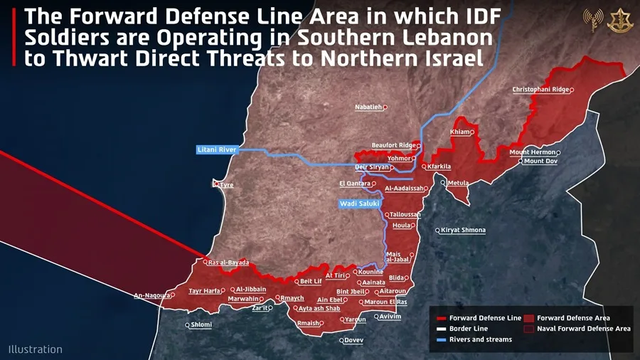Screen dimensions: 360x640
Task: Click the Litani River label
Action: tap(217, 150)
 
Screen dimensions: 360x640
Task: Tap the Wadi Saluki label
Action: tap(359, 204)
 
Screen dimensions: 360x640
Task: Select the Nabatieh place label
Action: tap(368, 107)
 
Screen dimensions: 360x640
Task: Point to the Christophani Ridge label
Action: tap(540, 90)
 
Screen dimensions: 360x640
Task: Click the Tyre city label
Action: tap(226, 185)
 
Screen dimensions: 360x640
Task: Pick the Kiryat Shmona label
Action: tap(462, 231)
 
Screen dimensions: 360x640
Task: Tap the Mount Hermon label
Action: tap(533, 152)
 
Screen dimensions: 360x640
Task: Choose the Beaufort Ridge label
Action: tap(394, 146)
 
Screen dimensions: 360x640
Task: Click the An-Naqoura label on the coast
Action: tap(151, 295)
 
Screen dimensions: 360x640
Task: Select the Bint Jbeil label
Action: tap(351, 292)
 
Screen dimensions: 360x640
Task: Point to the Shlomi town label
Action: tap(201, 325)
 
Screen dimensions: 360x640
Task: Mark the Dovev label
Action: tap(353, 340)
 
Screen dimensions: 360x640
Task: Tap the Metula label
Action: tap(458, 183)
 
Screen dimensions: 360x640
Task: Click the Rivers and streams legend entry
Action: tap(480, 339)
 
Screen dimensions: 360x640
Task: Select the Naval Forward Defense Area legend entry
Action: tap(583, 329)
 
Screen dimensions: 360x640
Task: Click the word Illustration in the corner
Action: tap(36, 349)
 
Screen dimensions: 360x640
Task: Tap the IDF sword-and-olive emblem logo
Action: tap(617, 21)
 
